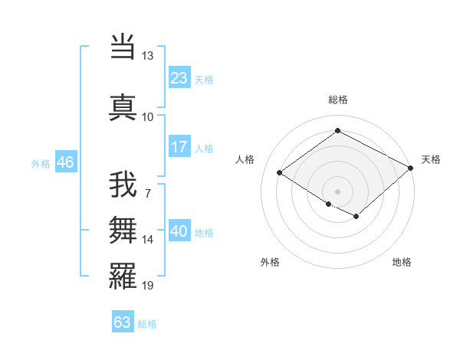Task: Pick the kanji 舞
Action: tap(123, 229)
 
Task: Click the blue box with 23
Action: tap(179, 77)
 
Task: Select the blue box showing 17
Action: tap(179, 146)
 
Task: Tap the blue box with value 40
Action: tap(179, 231)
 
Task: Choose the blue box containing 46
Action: tap(65, 162)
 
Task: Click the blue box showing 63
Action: tap(123, 322)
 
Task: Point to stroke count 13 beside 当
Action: tap(147, 56)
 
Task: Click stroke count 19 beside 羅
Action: tap(148, 286)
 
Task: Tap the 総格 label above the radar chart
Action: tap(337, 100)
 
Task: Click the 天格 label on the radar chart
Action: tap(431, 159)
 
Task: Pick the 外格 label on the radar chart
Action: tap(270, 262)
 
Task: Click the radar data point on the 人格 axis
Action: tap(280, 172)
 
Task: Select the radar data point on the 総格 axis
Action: tap(337, 131)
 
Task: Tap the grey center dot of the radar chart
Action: tap(337, 191)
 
